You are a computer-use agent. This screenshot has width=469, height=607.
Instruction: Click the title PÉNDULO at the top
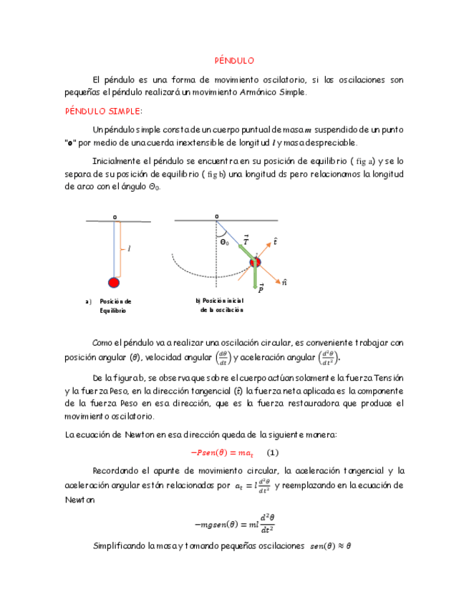coord(234,61)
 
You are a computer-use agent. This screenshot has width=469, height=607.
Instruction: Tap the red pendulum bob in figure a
coord(114,281)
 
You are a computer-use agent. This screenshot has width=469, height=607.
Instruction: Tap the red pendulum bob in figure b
coord(256,264)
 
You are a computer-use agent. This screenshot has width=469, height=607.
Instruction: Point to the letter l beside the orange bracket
coord(129,249)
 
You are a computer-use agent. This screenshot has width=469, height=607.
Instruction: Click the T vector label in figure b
coord(246,241)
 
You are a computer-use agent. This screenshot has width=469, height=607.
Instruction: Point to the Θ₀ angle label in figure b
coord(224,243)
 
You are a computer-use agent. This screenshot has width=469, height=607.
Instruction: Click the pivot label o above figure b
coord(216,215)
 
